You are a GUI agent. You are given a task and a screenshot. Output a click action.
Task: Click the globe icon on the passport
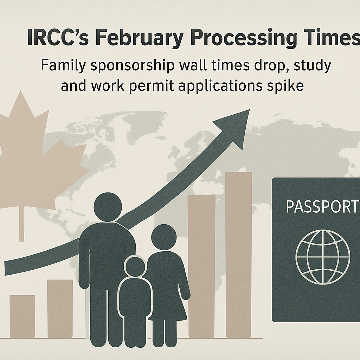click(x=323, y=257)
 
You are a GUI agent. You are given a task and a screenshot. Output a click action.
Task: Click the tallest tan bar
click(x=239, y=255)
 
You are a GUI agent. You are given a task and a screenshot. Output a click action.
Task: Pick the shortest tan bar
click(x=22, y=316)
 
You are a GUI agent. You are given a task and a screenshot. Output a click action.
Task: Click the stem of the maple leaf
click(x=21, y=224)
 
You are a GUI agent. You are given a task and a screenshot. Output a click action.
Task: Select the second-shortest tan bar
click(x=60, y=309)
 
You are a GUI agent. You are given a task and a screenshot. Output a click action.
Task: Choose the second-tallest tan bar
click(x=202, y=266)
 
